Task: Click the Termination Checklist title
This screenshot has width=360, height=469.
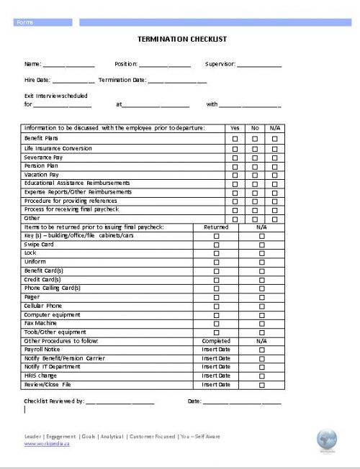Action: point(181,39)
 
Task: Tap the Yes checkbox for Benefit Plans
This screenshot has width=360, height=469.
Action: point(235,138)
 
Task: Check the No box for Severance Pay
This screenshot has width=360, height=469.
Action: point(254,156)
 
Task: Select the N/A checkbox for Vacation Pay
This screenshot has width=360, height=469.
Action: point(274,175)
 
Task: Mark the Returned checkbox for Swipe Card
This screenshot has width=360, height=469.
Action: point(216,245)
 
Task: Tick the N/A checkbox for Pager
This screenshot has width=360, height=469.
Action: point(261,297)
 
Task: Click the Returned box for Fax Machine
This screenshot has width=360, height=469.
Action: point(216,324)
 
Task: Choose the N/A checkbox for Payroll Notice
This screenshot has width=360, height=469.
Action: point(261,350)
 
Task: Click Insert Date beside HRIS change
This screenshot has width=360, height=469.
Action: point(216,375)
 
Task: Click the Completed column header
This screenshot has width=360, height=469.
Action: point(216,341)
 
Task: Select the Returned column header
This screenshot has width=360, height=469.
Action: point(216,227)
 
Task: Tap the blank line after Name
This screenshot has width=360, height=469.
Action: point(69,65)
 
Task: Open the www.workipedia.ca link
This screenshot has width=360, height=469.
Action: point(47,444)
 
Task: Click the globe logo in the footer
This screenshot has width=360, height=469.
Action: point(327,439)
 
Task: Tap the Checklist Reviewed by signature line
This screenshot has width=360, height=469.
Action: point(120,403)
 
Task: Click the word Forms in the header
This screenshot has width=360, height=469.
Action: point(26,22)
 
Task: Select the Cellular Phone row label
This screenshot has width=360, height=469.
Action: point(43,306)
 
